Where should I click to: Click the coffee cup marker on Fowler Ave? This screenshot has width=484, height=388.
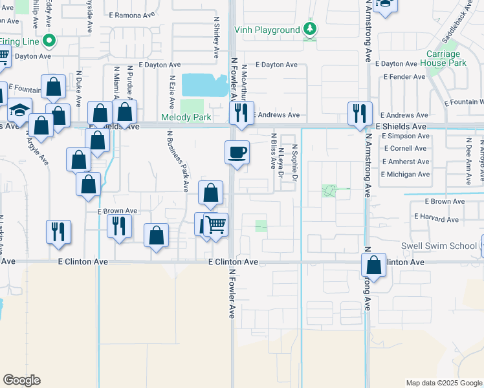[237, 153]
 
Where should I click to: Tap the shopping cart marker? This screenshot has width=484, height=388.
[216, 225]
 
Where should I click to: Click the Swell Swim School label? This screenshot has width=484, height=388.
[439, 246]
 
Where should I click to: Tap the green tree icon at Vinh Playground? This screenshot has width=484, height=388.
[311, 29]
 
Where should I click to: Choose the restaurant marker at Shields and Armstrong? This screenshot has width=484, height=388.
[358, 113]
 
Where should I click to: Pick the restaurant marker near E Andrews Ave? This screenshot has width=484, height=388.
[241, 113]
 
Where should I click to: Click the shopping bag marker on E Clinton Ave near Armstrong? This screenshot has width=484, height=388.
[373, 264]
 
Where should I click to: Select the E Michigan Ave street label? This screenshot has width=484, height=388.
[405, 175]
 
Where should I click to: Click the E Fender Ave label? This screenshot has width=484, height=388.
[404, 76]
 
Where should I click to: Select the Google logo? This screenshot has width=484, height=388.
[21, 380]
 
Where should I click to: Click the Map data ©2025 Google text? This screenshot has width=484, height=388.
[444, 383]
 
